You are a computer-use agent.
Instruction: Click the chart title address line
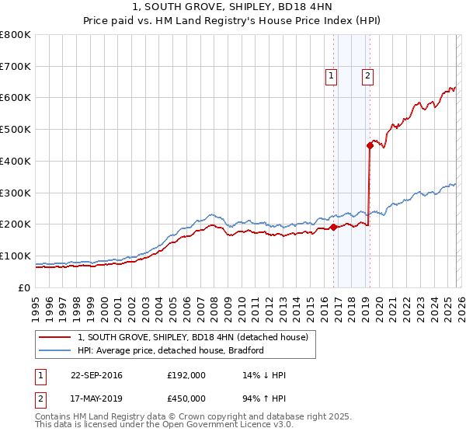(233, 7)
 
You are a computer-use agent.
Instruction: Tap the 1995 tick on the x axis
(36, 302)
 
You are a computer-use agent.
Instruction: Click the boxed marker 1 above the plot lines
(332, 75)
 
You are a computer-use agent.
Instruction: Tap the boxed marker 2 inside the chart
(367, 75)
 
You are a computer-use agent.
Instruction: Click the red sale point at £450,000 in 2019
(370, 144)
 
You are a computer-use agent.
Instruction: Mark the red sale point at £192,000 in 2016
(333, 227)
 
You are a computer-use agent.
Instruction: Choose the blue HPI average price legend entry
(170, 350)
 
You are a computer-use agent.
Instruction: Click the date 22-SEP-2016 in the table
(96, 375)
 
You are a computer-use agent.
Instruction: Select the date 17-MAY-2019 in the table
(96, 398)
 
